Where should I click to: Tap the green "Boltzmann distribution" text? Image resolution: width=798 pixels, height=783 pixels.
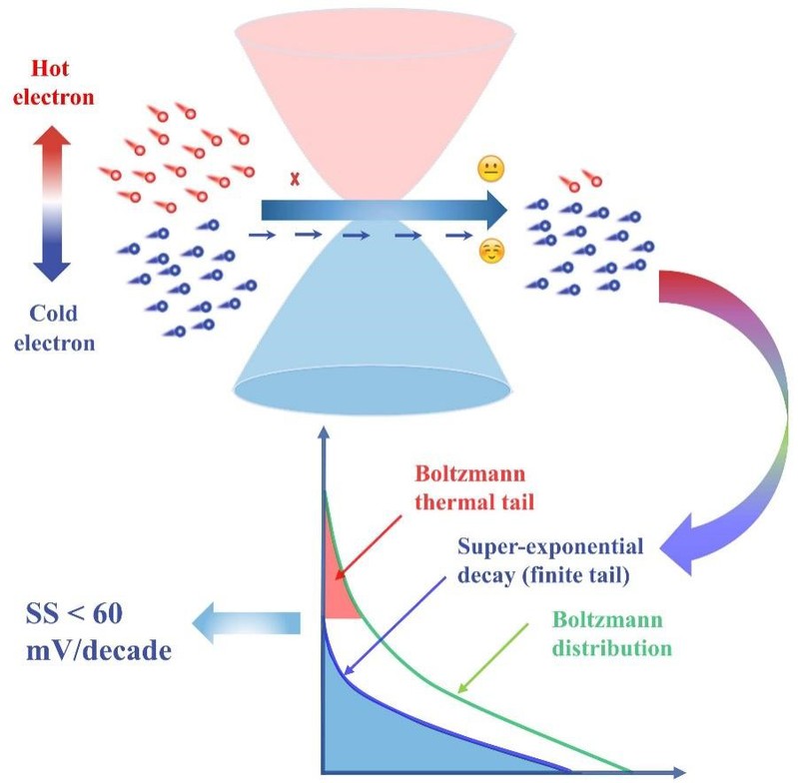(611, 633)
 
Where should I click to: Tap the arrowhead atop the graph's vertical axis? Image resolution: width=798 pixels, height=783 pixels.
(323, 435)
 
